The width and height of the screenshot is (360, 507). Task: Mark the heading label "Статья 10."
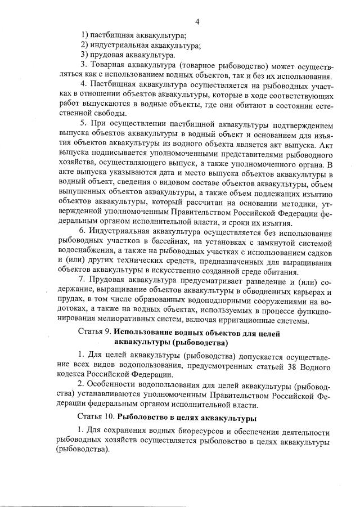[96, 419]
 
